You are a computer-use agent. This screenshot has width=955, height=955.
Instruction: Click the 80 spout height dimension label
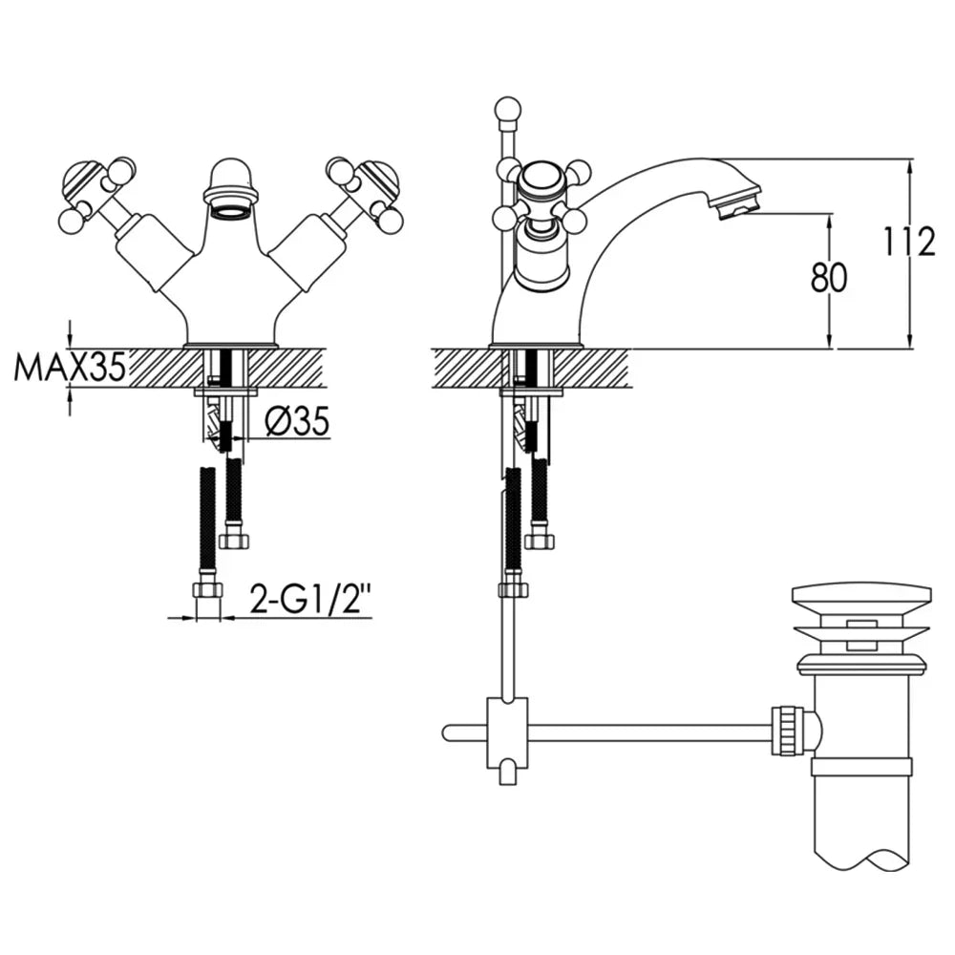828,278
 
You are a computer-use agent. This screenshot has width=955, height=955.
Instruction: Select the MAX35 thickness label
70,368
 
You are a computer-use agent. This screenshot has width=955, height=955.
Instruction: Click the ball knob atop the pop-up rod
508,110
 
